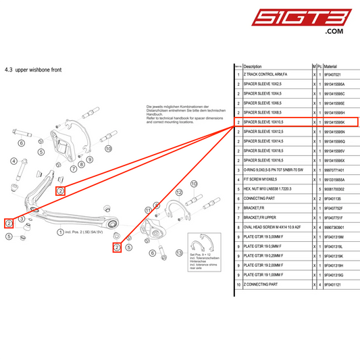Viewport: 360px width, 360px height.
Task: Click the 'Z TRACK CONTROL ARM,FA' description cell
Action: tap(269, 76)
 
